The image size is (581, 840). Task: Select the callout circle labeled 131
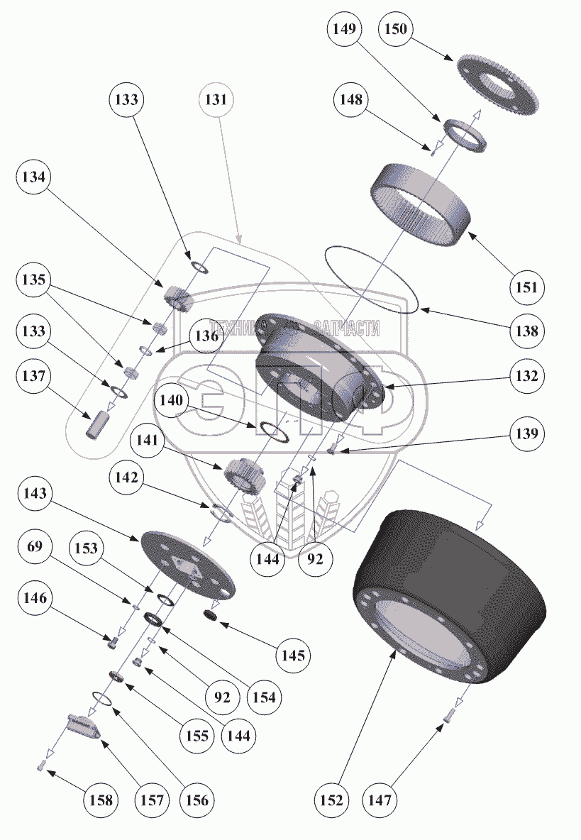[216, 100]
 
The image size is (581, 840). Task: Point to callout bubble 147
[380, 800]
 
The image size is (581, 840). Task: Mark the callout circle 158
[100, 800]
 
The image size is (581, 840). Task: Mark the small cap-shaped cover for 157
[84, 727]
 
